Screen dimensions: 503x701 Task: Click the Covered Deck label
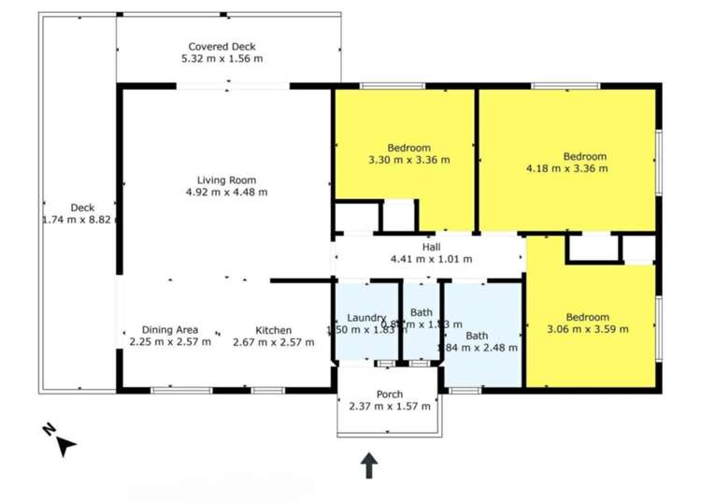222,46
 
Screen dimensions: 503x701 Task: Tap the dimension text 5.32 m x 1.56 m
222,58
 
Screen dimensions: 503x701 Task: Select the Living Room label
226,180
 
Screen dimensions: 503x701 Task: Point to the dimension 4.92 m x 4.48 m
226,192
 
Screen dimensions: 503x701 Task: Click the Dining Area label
169,329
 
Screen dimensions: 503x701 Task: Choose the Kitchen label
274,330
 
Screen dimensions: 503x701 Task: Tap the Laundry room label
366,317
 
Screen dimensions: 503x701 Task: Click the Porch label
390,394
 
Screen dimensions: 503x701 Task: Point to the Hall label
431,247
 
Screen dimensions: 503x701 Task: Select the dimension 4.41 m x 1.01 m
431,259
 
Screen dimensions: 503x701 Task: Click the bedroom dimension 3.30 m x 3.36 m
408,160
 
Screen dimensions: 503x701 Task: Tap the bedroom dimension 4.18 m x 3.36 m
567,169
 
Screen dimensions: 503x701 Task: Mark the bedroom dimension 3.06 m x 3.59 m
587,329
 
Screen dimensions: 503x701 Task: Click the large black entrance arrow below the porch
369,465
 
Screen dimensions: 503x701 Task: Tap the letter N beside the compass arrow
48,431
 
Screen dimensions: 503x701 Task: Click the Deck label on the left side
82,208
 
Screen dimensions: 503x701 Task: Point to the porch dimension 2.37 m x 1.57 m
390,406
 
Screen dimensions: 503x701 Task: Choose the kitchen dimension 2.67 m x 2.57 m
274,342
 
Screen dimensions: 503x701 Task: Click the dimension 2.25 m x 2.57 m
169,342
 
